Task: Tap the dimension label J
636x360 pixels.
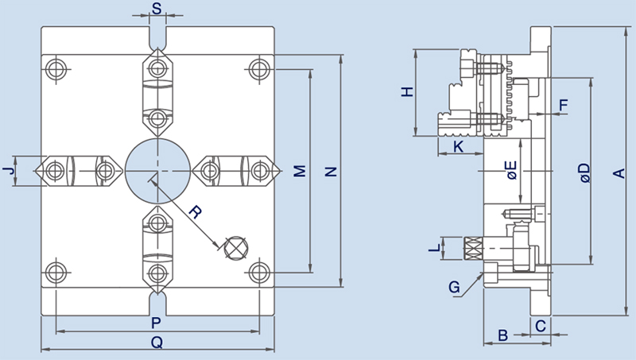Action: click(x=9, y=171)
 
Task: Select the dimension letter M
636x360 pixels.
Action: click(x=299, y=172)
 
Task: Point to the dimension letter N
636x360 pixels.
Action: click(x=332, y=172)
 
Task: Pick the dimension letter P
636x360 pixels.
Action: click(x=157, y=323)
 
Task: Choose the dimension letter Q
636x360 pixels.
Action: click(x=157, y=343)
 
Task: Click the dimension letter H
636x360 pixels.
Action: click(x=407, y=92)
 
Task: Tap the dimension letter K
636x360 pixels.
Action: click(x=458, y=146)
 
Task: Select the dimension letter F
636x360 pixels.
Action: click(x=564, y=105)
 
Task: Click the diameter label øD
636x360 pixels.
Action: click(x=584, y=172)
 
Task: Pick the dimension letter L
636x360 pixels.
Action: click(x=433, y=249)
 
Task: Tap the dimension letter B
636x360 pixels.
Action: click(x=502, y=335)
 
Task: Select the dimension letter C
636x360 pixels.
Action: click(x=540, y=325)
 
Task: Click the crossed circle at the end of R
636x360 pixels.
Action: click(x=235, y=247)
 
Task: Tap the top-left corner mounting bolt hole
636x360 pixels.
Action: click(x=56, y=68)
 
